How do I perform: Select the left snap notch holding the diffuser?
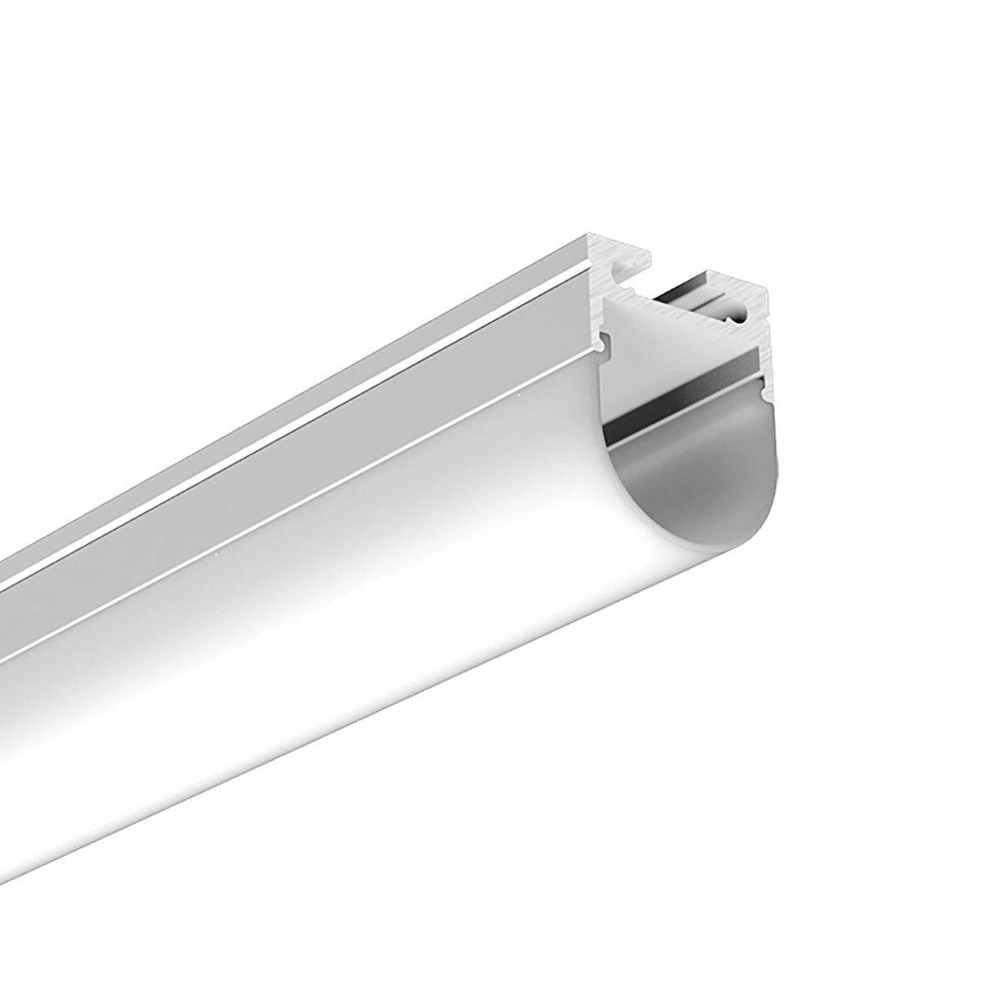(605, 344)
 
